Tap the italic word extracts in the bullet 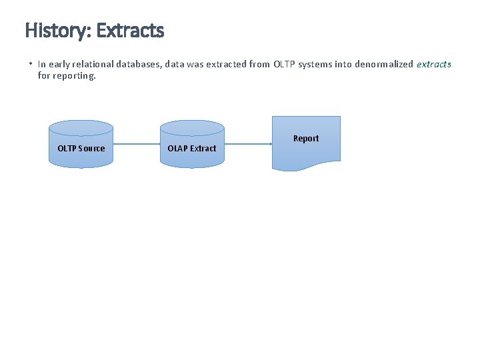point(433,65)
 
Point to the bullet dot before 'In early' point(31,64)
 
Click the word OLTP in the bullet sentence point(285,65)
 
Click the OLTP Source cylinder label point(81,148)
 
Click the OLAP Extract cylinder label point(192,148)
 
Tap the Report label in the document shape point(306,139)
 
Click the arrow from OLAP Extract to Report point(248,143)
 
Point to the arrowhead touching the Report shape point(270,143)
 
